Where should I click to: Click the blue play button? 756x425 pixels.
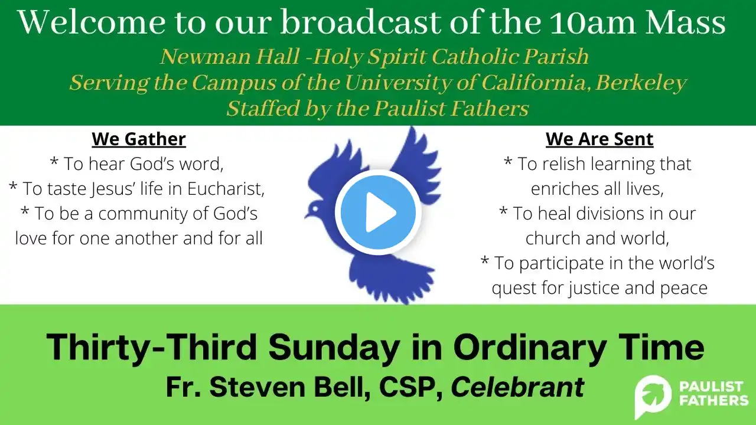(x=378, y=212)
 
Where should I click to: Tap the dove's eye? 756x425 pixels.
(x=315, y=209)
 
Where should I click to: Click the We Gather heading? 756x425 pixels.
(x=139, y=139)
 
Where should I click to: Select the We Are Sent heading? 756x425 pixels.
(x=599, y=139)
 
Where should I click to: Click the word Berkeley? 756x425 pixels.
(x=641, y=83)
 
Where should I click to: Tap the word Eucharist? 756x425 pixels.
(x=226, y=188)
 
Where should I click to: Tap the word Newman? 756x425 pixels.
(x=206, y=57)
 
